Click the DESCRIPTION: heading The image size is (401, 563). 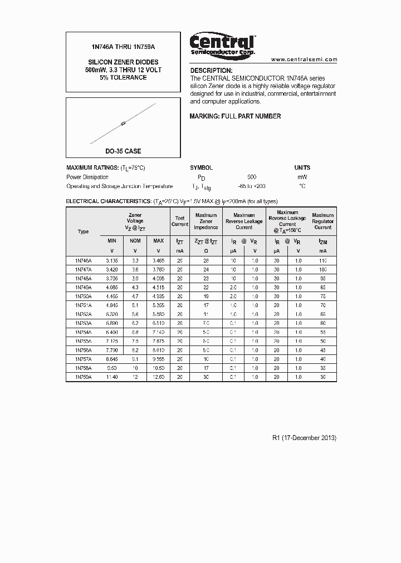tap(211, 71)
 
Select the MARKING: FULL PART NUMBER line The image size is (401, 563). tap(235, 116)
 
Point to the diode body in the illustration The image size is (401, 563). tap(123, 124)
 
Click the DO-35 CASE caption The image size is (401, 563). tap(123, 151)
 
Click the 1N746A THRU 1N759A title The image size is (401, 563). tap(123, 48)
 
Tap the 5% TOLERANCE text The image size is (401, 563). tap(123, 77)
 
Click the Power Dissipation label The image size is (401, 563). tap(87, 177)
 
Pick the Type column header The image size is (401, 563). tap(83, 231)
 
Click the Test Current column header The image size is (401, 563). tap(179, 221)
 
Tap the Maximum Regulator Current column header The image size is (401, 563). tap(322, 221)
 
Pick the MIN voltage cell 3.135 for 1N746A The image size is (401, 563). tap(111, 260)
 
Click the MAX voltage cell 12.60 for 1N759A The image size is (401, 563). tap(158, 377)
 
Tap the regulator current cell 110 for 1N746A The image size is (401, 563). tap(322, 260)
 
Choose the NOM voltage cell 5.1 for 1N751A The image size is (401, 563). tap(135, 305)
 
